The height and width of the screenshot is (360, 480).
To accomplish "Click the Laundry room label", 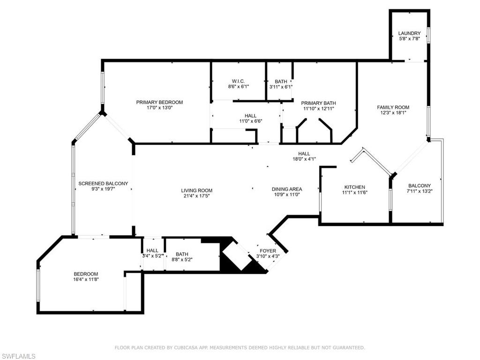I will [x=409, y=33].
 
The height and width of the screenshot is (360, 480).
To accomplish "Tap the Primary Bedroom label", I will [x=159, y=102].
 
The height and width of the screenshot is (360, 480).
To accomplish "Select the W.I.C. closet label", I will [x=238, y=81].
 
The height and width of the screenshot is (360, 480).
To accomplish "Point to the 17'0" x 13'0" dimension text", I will [x=159, y=108].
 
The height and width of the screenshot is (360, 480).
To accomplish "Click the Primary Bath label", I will [x=318, y=103].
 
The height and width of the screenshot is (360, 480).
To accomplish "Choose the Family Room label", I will [x=393, y=107].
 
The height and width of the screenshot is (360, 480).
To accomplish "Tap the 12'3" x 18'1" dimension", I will [x=393, y=113].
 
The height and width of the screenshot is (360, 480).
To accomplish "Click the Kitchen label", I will [x=354, y=187].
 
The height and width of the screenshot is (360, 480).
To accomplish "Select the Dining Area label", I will [x=287, y=189].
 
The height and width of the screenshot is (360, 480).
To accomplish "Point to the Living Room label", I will [x=197, y=190].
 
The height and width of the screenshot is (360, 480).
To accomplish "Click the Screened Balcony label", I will [x=103, y=183].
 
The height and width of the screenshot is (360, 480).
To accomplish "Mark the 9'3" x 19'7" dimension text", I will [x=103, y=189].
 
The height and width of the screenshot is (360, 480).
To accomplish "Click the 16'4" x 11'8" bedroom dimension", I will [x=86, y=279].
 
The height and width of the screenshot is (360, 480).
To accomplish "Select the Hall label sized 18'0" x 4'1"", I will [x=304, y=153].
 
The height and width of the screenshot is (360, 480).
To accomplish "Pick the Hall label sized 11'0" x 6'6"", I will [x=250, y=115].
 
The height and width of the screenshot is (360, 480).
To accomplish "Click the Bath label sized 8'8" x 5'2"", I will [x=182, y=254].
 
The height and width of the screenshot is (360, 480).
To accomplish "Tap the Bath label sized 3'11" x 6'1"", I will [x=281, y=81].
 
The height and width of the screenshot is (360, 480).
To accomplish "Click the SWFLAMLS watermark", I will [x=18, y=356].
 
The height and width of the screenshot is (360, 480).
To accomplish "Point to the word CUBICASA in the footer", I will [x=191, y=347].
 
